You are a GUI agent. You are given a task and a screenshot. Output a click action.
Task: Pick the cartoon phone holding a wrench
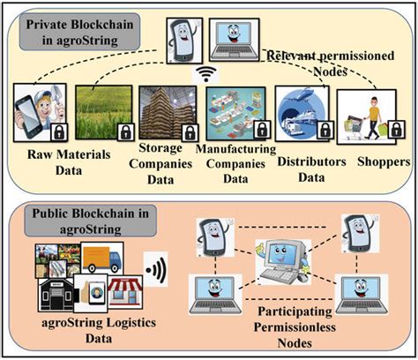click(37, 113)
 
